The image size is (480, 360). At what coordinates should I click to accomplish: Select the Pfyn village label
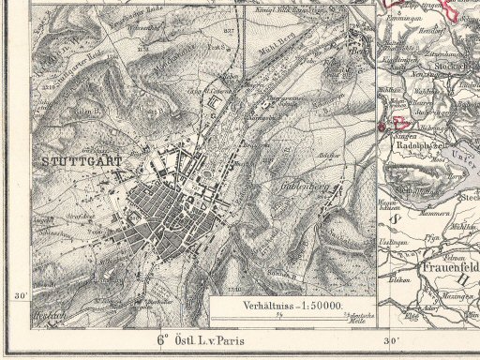(x=434, y=239)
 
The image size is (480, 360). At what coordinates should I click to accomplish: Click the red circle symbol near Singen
(x=382, y=126)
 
